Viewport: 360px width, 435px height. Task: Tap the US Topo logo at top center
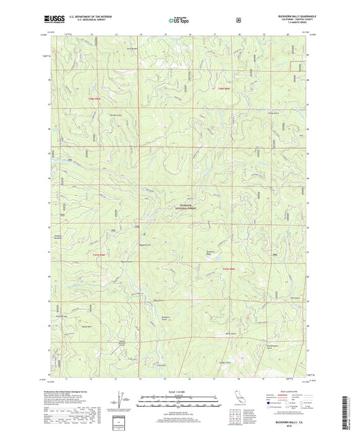coord(178,21)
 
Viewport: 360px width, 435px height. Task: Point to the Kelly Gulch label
coord(158,300)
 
